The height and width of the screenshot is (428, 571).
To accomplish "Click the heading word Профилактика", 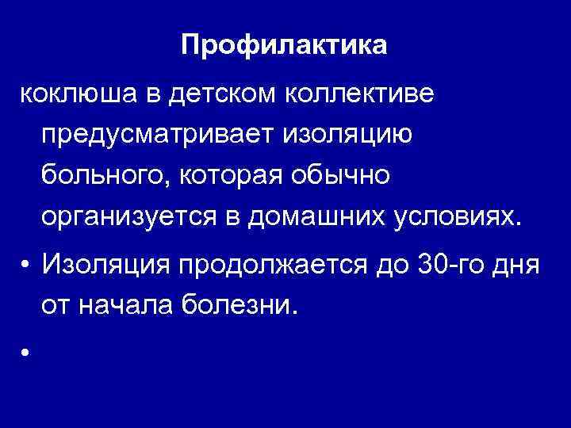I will pos(285,44).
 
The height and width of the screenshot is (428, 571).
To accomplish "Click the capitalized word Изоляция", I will pos(111,263).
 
